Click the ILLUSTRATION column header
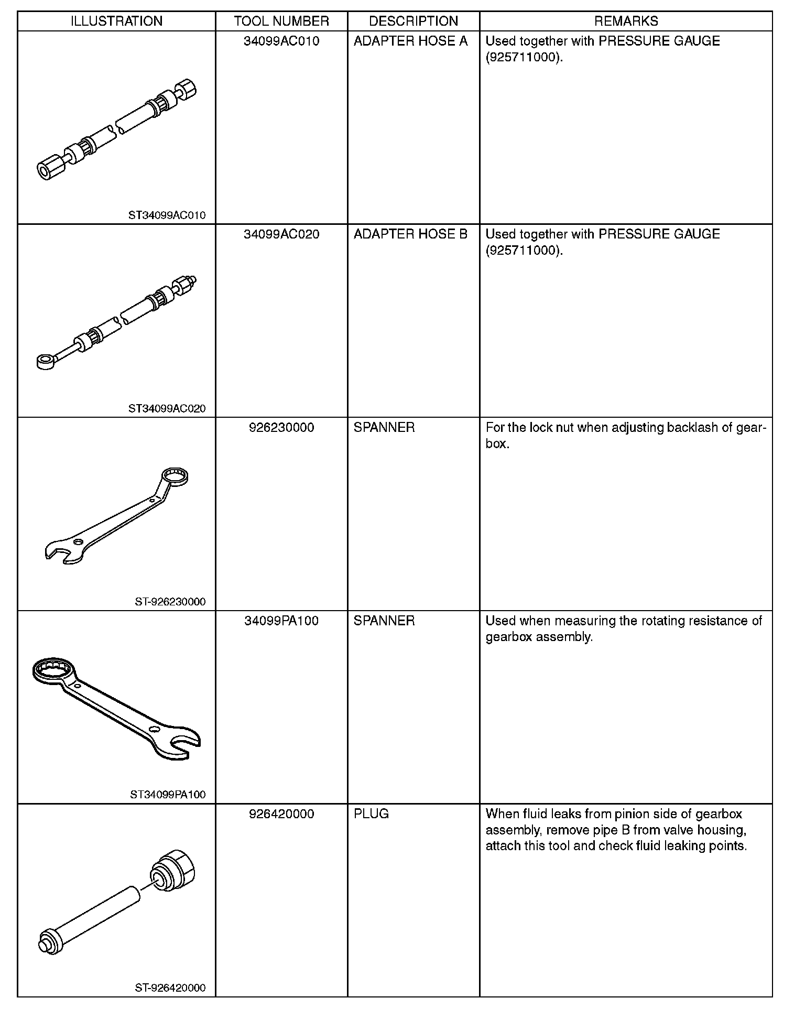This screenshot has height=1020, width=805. coord(116,21)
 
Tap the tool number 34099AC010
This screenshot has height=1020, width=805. coord(281,41)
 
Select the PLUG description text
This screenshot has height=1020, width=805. coord(371,814)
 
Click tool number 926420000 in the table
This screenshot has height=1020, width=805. coord(281,814)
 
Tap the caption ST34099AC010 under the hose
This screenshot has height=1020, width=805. coord(167,215)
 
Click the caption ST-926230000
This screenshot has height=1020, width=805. coord(170,601)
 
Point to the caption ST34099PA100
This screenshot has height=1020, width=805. coord(168,795)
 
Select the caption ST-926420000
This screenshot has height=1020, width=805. coord(170,988)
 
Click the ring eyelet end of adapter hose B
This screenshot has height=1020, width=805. coord(46,361)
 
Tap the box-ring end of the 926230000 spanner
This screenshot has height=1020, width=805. coord(175,476)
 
